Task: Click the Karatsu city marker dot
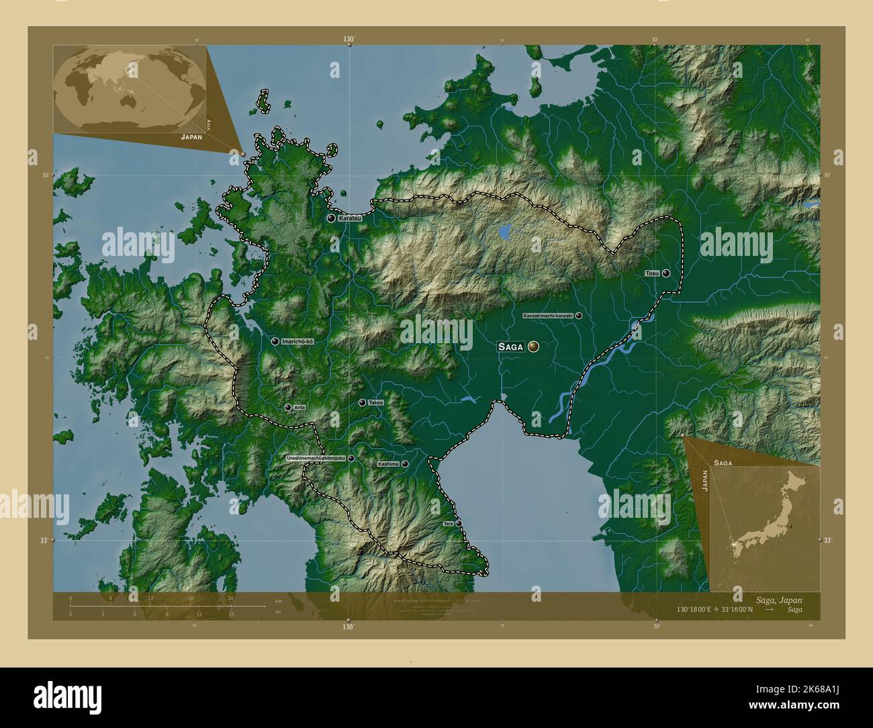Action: pos(331,218)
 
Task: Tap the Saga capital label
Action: pos(510,347)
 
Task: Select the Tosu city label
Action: pos(652,273)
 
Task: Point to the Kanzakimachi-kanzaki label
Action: pos(548,315)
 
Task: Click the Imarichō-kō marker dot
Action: pos(275,341)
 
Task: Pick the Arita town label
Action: pos(300,408)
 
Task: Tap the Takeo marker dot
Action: pos(363,402)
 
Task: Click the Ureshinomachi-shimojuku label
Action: pos(316,458)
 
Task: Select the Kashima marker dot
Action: pos(405,463)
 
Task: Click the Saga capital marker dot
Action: pos(534,346)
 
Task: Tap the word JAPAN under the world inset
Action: pos(191,136)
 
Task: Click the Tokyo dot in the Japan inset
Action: pos(791,525)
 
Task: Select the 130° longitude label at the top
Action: pos(348,40)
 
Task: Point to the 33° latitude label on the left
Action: pos(44,540)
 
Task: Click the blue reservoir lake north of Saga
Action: pos(504,231)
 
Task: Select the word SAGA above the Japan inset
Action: pos(723,463)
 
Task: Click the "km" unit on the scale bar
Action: pos(278,600)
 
